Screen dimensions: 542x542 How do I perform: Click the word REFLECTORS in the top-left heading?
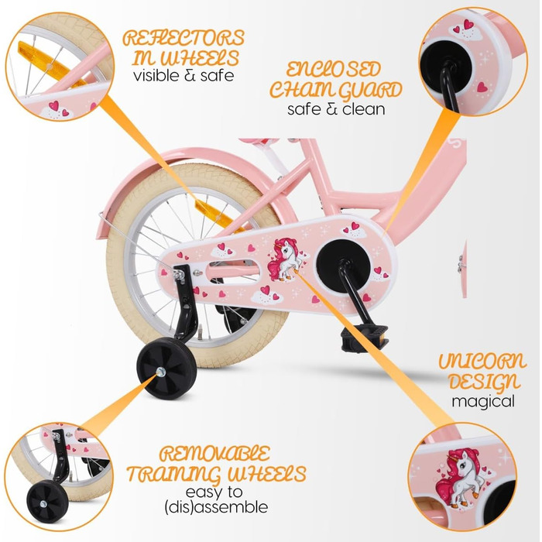pos(184,37)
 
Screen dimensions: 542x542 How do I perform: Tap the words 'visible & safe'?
pos(183,76)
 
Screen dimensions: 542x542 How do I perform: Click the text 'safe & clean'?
pos(336,109)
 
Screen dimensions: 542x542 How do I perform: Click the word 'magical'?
pos(484,402)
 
